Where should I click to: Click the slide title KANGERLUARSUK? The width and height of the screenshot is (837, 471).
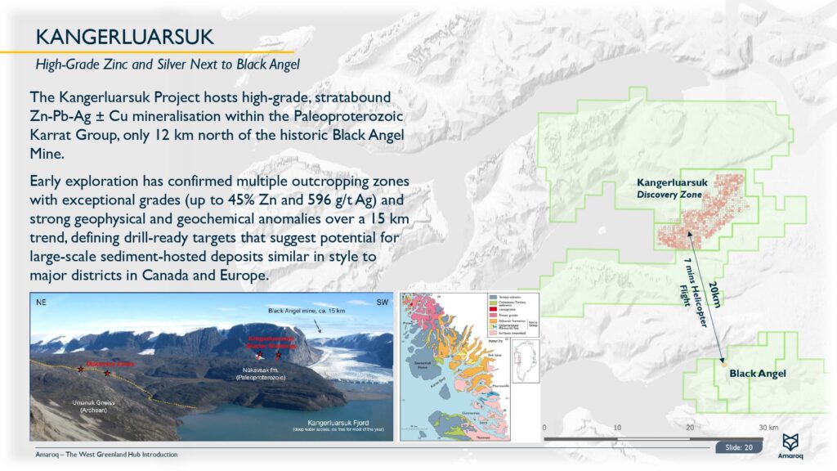pyautogui.click(x=124, y=36)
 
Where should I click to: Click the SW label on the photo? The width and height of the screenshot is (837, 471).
pyautogui.click(x=381, y=302)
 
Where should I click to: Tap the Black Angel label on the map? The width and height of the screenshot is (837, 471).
pyautogui.click(x=757, y=374)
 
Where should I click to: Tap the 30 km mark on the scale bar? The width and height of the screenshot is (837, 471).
pyautogui.click(x=767, y=428)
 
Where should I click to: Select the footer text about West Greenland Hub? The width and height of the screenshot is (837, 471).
pyautogui.click(x=106, y=454)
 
